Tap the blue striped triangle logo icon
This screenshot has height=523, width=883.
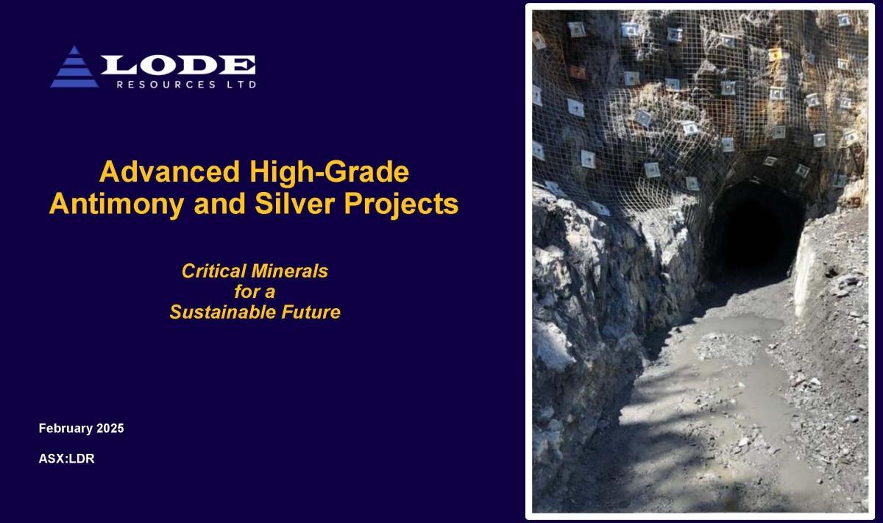(x=74, y=68)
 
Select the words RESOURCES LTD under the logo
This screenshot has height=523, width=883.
(x=186, y=85)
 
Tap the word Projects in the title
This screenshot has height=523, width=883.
(x=404, y=204)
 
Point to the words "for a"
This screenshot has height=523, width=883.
(x=254, y=291)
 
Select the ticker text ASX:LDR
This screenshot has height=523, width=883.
(x=66, y=459)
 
